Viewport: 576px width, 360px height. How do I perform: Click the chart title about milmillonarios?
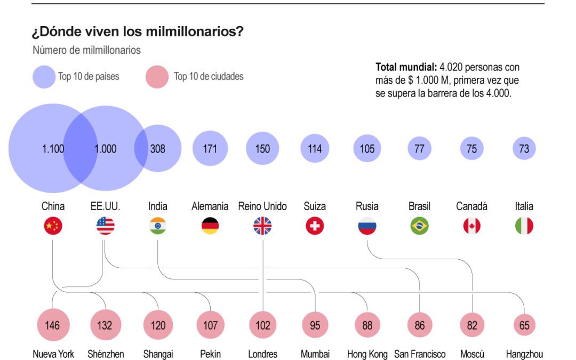click(138, 32)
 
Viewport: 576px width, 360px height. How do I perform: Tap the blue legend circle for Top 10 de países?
click(44, 76)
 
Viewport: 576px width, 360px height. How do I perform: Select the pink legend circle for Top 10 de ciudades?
click(157, 76)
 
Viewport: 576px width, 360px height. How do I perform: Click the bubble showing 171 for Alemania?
click(210, 148)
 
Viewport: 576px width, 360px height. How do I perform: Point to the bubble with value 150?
click(262, 148)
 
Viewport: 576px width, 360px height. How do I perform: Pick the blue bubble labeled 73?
click(524, 148)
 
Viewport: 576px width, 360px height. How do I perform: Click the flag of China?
click(53, 226)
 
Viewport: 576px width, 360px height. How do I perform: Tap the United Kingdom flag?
click(262, 226)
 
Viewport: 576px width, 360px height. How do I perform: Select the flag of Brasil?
click(419, 226)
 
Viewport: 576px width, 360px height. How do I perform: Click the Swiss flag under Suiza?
click(315, 226)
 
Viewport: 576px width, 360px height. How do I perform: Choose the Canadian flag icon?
click(471, 226)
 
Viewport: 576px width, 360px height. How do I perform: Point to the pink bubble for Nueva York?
click(52, 325)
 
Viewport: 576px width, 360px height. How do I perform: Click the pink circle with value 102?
click(262, 325)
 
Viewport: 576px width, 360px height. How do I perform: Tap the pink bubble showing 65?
click(524, 325)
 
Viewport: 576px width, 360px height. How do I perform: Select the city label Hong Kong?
click(367, 354)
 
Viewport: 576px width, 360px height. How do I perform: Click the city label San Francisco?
click(420, 354)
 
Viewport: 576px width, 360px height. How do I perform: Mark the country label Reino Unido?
click(262, 206)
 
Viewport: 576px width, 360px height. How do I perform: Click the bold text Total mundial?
click(405, 67)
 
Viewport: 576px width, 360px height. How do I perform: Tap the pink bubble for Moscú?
click(472, 325)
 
